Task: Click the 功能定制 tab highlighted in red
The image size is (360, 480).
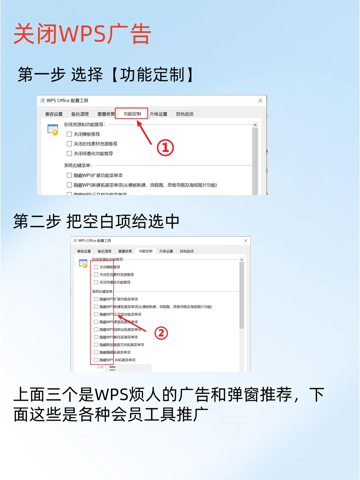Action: pos(132,114)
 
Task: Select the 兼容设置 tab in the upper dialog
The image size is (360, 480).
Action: pos(54,114)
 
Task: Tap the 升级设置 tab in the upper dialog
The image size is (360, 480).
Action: pos(158,114)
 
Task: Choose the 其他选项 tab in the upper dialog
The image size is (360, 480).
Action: pos(185,114)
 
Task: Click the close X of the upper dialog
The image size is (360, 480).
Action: pos(260,100)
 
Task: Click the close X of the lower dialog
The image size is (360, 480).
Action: pos(246,240)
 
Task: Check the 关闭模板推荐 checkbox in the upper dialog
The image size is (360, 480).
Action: pos(69,134)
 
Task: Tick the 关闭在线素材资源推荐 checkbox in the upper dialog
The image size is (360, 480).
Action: pos(69,144)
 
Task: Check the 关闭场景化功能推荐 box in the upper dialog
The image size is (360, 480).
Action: pos(69,153)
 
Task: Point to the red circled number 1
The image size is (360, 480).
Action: pos(165,148)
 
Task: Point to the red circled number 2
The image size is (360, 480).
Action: pos(161,333)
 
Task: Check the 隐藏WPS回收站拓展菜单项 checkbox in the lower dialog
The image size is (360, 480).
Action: pos(96,329)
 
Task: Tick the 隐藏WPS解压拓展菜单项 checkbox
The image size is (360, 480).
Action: pos(96,337)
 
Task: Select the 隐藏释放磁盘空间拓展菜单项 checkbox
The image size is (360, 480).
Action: pos(96,345)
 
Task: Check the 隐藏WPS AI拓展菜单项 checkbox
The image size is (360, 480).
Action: pos(96,360)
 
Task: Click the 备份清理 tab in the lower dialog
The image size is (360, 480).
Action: pos(104,251)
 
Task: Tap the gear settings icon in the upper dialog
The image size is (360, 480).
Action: pos(53,130)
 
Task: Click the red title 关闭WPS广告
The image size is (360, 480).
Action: pos(82,34)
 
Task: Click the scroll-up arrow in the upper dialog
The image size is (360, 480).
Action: pos(255,125)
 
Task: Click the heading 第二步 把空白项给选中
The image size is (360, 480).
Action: pos(96,221)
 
